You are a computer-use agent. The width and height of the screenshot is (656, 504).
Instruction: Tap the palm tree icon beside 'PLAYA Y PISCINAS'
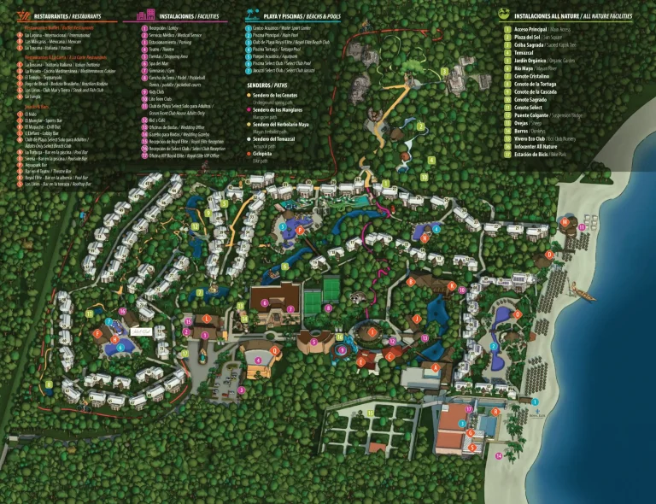coord(252,15)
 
